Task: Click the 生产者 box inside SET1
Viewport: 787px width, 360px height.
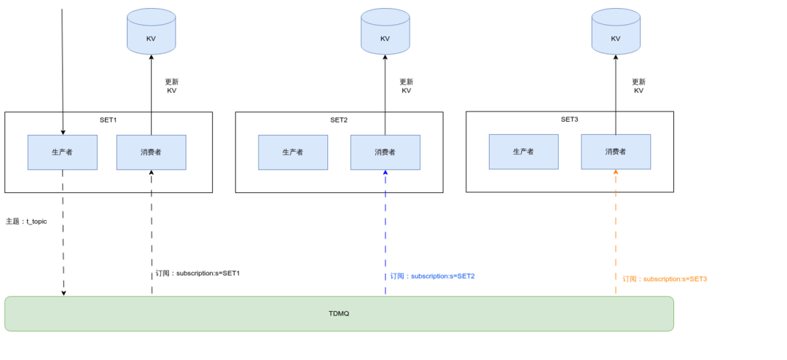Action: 62,152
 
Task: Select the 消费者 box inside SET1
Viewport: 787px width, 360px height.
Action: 151,152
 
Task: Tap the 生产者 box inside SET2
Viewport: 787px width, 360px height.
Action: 293,152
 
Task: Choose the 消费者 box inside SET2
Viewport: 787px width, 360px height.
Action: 385,152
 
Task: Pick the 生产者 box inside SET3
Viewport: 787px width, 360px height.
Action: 523,152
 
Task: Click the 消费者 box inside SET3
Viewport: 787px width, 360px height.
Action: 616,152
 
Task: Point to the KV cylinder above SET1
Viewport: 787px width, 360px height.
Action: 151,31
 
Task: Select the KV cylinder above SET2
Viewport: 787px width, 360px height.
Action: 385,31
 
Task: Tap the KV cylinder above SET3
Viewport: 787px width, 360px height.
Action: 616,31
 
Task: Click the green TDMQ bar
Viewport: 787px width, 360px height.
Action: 339,313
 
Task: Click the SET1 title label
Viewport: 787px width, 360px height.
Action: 108,120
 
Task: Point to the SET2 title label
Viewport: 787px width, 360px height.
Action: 339,120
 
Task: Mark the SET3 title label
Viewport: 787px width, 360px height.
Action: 570,120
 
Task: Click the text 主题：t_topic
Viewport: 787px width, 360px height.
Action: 26,222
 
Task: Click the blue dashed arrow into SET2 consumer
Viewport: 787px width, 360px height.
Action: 385,232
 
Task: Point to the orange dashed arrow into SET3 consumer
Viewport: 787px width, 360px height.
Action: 616,232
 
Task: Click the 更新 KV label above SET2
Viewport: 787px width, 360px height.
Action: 406,87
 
